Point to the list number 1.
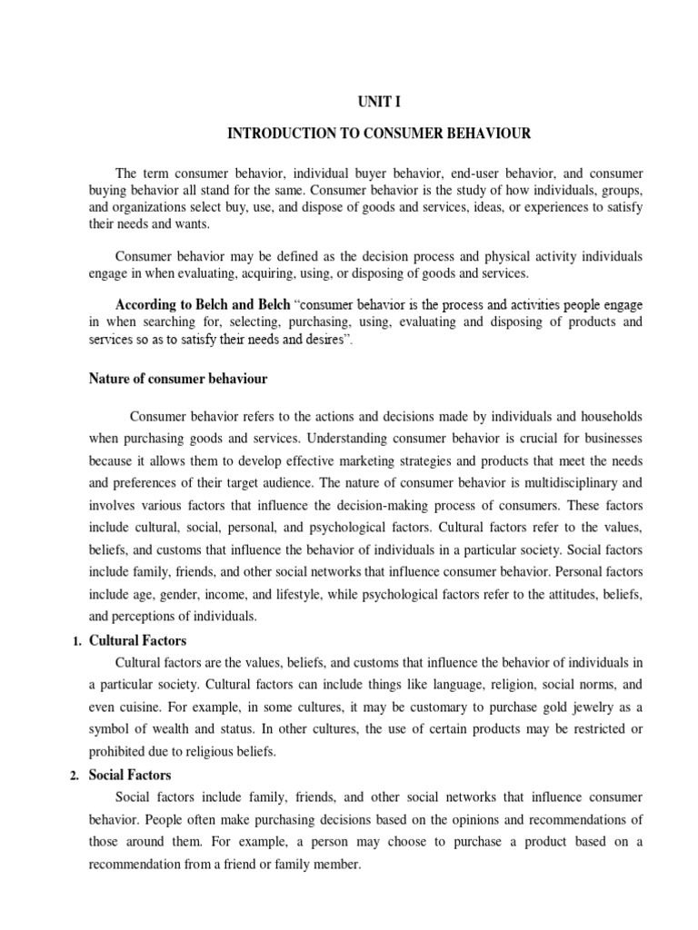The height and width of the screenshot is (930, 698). tap(76, 641)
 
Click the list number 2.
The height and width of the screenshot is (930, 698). tap(76, 776)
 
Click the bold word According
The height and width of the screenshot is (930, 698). tap(147, 302)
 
